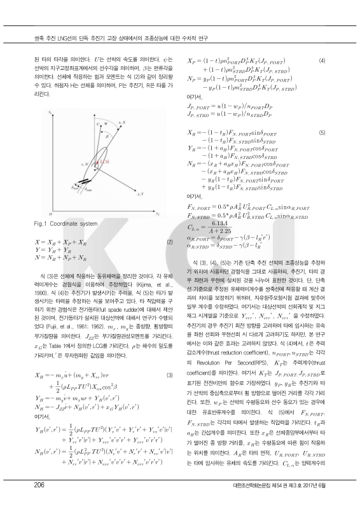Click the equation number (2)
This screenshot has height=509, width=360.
[x=169, y=242]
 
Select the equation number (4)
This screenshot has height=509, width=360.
[x=322, y=60]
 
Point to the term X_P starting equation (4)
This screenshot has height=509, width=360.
[x=190, y=60]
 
